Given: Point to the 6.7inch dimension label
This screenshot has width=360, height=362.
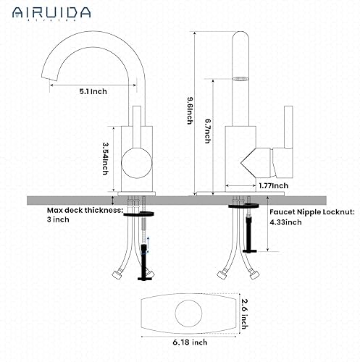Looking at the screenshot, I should point(207,134).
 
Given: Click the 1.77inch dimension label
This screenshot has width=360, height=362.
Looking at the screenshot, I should point(274,185).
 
